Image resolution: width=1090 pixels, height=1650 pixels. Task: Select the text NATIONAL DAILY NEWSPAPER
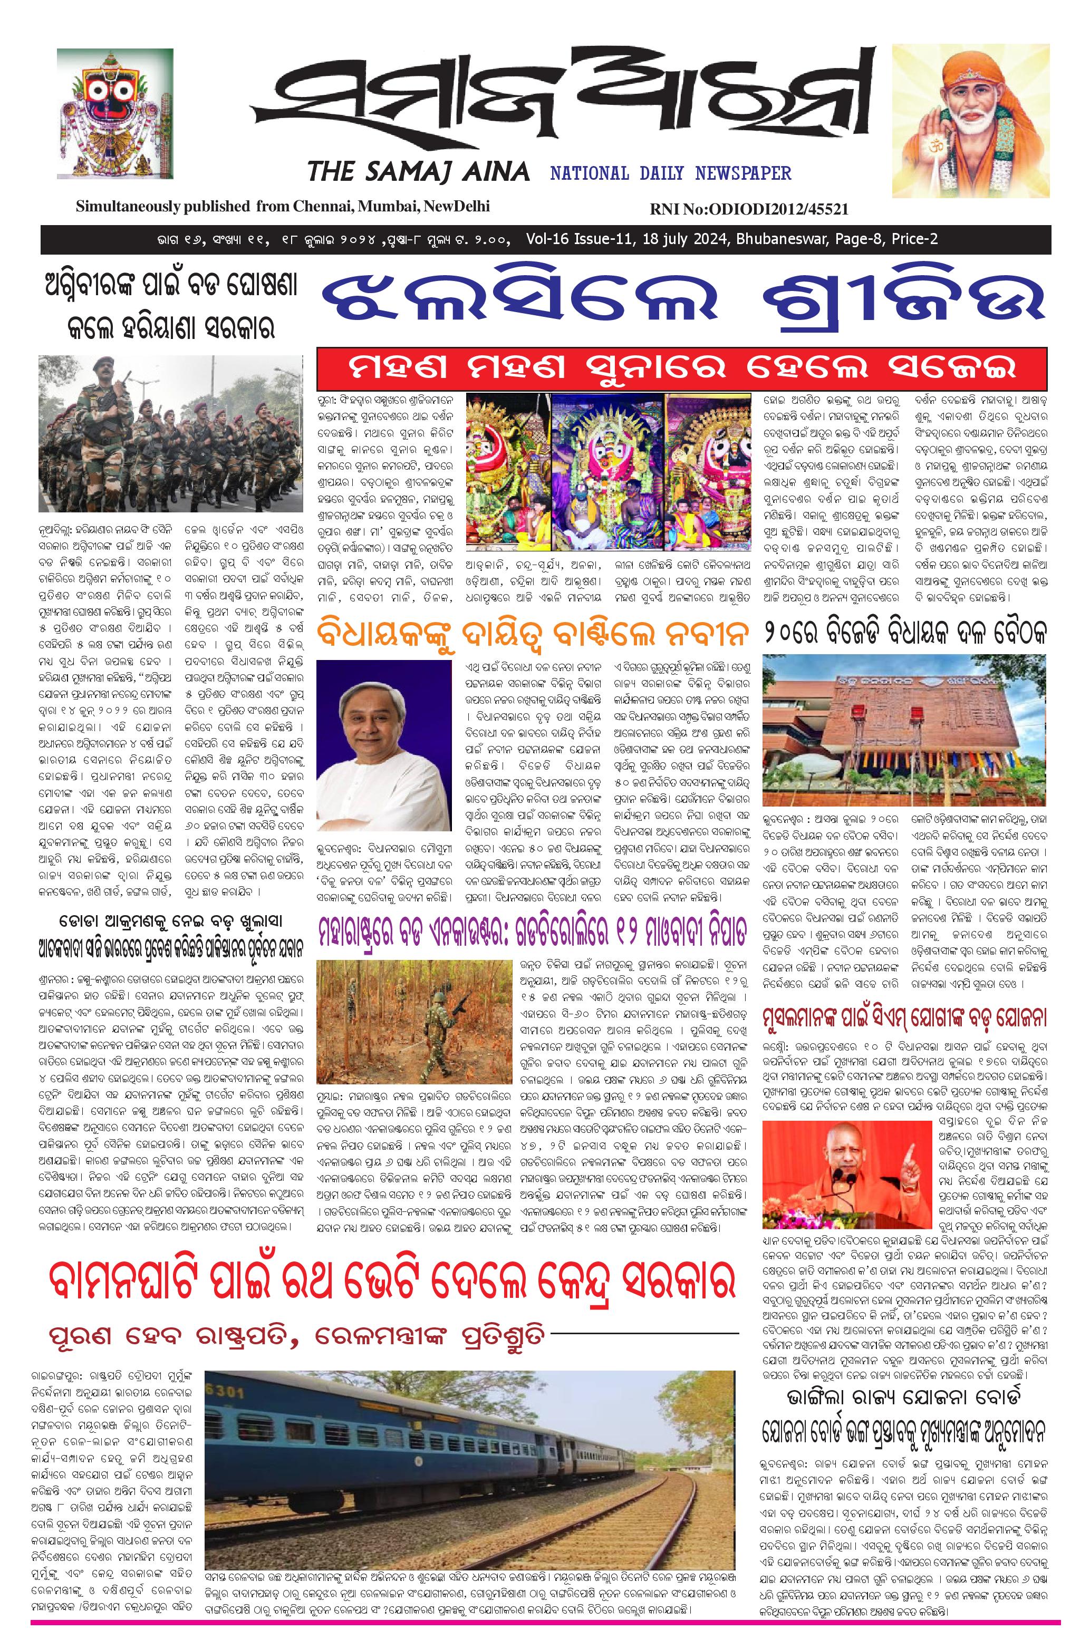click(x=671, y=172)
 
